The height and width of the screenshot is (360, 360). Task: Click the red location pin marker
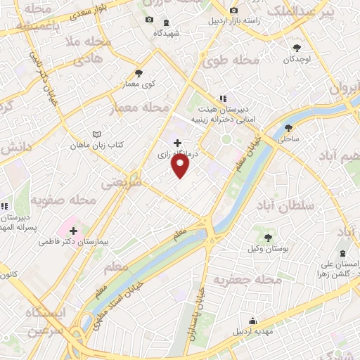click(181, 165)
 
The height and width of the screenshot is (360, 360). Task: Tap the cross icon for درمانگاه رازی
click(176, 142)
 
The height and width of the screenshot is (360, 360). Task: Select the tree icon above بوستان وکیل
click(269, 238)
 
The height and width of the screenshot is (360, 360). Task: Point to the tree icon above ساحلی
click(288, 128)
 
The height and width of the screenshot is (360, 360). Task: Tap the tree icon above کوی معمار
click(139, 72)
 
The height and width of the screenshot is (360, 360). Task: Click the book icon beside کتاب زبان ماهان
click(97, 134)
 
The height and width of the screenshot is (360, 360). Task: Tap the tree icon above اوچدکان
click(297, 48)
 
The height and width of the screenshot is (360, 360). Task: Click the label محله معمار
click(140, 109)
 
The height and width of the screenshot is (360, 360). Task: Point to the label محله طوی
click(224, 61)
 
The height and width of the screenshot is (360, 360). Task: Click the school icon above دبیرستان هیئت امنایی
click(222, 99)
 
